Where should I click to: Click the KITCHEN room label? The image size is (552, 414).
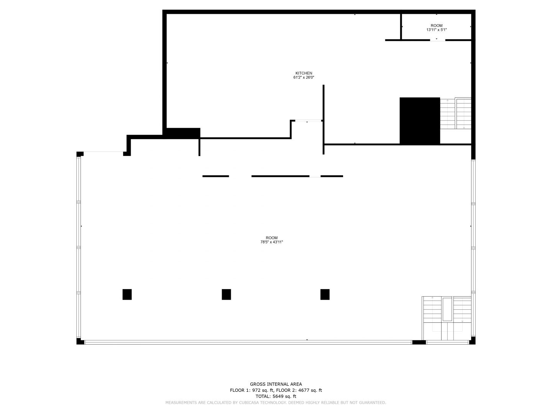coord(304,73)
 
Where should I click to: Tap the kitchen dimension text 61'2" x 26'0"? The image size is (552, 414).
coord(304,77)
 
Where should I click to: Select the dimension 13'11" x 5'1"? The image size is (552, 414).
coord(436,30)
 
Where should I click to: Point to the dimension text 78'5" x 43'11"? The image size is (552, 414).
coord(271,242)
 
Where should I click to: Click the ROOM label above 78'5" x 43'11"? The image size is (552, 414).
coord(272,238)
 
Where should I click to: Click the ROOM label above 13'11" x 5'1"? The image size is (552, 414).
coord(436,25)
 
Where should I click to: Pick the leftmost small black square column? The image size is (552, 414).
coord(127,294)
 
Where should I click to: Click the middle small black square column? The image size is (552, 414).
coord(226,294)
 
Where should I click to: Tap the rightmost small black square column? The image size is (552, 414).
coord(325,294)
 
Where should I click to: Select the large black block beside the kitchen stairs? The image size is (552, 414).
coord(420,121)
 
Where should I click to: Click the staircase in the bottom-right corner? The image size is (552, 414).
coord(446,318)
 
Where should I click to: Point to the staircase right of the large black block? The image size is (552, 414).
coord(455,113)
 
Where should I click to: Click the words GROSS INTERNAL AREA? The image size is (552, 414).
coord(276,384)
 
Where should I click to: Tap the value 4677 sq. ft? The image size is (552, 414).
coord(310,390)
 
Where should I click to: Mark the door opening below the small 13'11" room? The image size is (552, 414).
coord(438,40)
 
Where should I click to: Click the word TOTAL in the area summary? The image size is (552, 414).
coord(263,396)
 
